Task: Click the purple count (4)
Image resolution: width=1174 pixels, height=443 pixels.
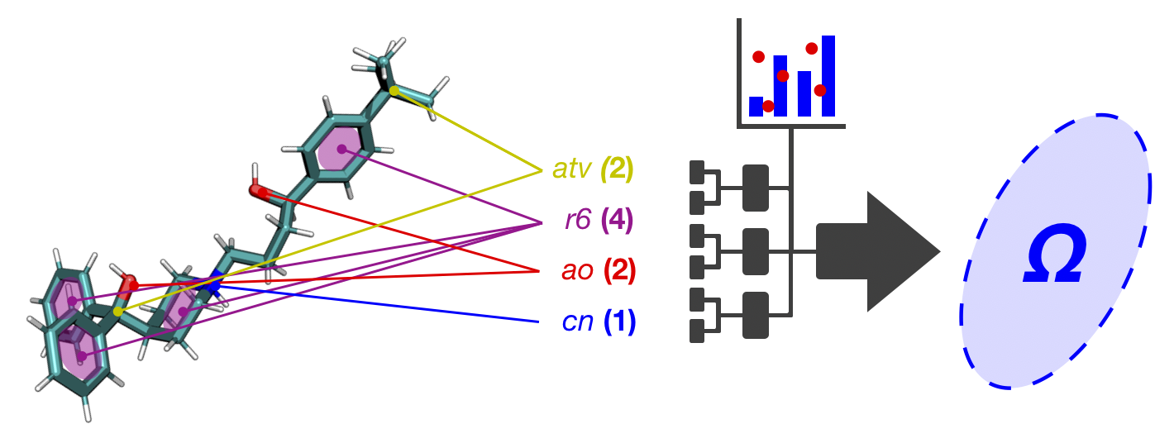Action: (x=617, y=221)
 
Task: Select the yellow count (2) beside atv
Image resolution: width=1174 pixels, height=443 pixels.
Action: (x=617, y=171)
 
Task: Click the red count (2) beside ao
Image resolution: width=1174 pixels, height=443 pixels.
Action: (x=619, y=271)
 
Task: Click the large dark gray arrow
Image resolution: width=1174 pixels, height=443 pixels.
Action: (x=876, y=251)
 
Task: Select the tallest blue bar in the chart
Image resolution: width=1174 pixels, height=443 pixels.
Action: (x=828, y=75)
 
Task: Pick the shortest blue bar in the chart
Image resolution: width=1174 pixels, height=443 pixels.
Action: (x=756, y=106)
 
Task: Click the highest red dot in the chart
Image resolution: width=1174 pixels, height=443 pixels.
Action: (x=811, y=49)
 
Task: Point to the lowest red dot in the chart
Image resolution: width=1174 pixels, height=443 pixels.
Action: (x=768, y=106)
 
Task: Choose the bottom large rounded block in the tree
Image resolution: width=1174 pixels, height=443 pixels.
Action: (x=756, y=315)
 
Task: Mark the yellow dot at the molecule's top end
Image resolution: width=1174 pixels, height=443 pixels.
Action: (x=394, y=89)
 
